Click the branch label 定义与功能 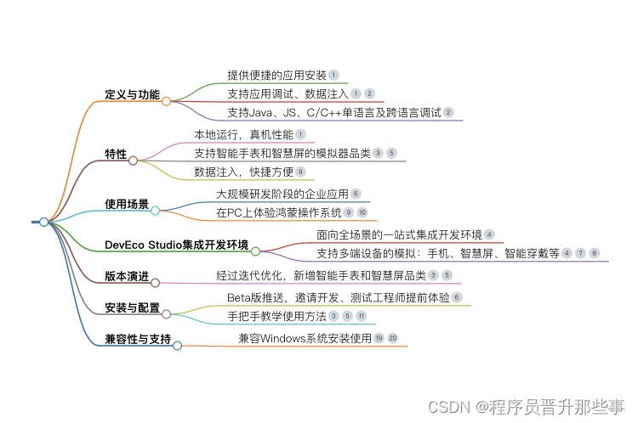(132, 94)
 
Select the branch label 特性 (116, 155)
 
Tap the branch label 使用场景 (127, 204)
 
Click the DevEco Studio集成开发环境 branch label (176, 245)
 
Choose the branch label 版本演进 (127, 276)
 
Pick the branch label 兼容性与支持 (138, 340)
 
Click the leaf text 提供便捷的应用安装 (276, 75)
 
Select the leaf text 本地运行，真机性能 (243, 134)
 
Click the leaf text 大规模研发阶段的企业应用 (282, 194)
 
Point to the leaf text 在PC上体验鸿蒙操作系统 (278, 212)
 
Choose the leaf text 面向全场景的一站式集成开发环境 (399, 234)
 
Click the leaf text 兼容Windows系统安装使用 (305, 338)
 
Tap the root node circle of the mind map (43, 222)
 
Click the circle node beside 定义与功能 (167, 101)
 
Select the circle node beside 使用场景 (155, 210)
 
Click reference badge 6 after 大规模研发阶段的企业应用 (356, 194)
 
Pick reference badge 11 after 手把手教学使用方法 (361, 316)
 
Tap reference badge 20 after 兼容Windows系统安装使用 (392, 338)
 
